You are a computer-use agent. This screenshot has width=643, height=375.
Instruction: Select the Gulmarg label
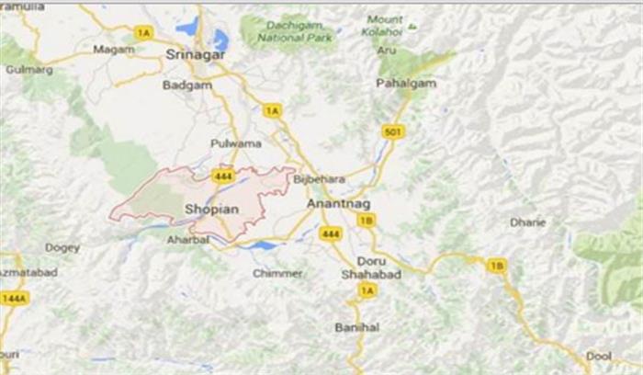click(23, 69)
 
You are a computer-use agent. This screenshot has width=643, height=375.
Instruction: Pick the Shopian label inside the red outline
click(211, 210)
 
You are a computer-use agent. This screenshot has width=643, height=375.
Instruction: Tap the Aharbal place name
click(189, 239)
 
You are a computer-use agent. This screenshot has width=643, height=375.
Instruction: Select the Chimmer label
click(278, 274)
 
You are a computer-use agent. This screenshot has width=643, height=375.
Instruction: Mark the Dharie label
click(528, 222)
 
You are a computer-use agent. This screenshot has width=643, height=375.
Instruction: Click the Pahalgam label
click(404, 84)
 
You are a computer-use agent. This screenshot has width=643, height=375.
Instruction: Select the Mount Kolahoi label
click(385, 26)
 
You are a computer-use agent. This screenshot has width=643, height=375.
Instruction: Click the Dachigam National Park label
click(288, 30)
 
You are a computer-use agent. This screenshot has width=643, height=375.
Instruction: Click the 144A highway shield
click(14, 298)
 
